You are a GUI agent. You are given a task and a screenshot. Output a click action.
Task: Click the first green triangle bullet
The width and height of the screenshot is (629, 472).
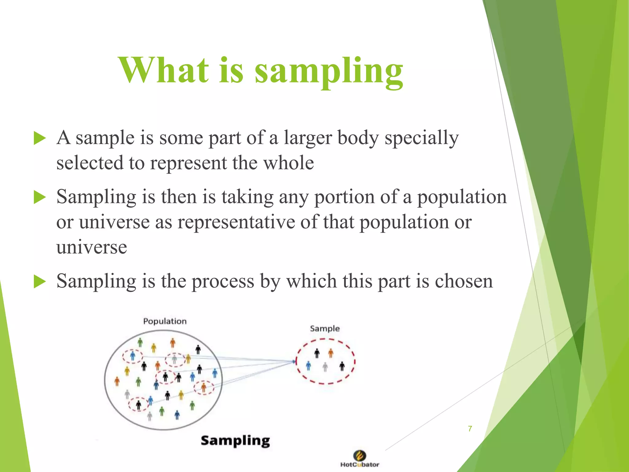(x=40, y=138)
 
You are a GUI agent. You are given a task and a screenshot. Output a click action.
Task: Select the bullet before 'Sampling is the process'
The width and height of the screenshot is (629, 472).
(x=40, y=281)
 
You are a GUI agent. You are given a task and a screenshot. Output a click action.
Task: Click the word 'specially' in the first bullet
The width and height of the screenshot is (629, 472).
(x=421, y=138)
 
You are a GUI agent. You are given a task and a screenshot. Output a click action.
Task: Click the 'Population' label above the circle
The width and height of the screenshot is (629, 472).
(x=165, y=321)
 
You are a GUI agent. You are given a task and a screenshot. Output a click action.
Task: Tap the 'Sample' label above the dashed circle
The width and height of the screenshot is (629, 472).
(x=325, y=328)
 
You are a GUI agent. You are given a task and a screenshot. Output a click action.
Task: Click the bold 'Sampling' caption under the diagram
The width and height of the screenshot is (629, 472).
(x=235, y=441)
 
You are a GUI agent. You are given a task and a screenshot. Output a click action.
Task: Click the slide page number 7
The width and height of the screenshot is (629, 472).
(x=470, y=429)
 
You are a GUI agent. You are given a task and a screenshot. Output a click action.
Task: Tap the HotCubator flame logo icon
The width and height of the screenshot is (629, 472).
(x=360, y=455)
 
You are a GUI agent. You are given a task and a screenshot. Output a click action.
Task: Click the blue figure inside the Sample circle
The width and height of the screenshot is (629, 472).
(x=309, y=366)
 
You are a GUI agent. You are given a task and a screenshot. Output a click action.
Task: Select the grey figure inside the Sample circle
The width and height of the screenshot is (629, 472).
(x=325, y=367)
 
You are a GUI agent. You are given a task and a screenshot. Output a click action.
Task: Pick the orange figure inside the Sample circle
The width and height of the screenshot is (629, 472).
(x=331, y=353)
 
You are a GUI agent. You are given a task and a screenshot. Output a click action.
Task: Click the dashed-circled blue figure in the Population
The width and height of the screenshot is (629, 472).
(x=133, y=356)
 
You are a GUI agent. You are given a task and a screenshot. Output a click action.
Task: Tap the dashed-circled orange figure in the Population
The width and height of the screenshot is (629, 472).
(x=204, y=387)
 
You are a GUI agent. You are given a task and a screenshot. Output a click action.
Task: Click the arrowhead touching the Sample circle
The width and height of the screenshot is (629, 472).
(x=294, y=362)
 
